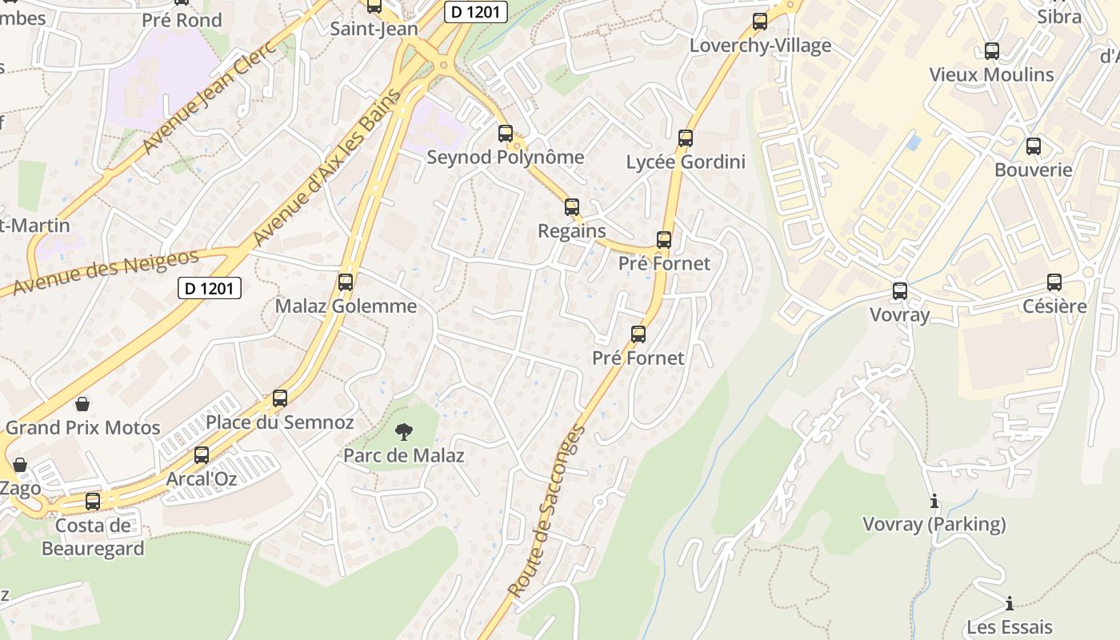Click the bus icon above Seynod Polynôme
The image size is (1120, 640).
pyautogui.click(x=505, y=134)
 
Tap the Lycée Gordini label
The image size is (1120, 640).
pyautogui.click(x=686, y=162)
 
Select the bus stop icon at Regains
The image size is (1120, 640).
pyautogui.click(x=571, y=207)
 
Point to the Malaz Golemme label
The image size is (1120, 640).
pyautogui.click(x=346, y=306)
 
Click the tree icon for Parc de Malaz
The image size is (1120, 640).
pyautogui.click(x=404, y=432)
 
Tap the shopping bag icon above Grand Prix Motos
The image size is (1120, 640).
pyautogui.click(x=82, y=404)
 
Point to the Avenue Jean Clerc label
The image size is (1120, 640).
pyautogui.click(x=209, y=96)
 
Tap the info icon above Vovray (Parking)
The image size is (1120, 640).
pyautogui.click(x=934, y=502)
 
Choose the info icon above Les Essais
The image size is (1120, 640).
pyautogui.click(x=1009, y=603)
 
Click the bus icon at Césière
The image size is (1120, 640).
pyautogui.click(x=1054, y=282)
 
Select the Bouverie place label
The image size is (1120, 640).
pyautogui.click(x=1033, y=170)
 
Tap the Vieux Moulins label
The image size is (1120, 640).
pyautogui.click(x=991, y=75)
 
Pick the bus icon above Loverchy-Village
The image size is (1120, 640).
pyautogui.click(x=760, y=22)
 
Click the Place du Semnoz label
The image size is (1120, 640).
pyautogui.click(x=280, y=422)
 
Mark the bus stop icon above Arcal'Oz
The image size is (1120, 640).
pyautogui.click(x=202, y=455)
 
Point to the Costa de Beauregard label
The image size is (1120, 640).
pyautogui.click(x=93, y=537)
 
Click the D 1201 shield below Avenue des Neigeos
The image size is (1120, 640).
pyautogui.click(x=209, y=288)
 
